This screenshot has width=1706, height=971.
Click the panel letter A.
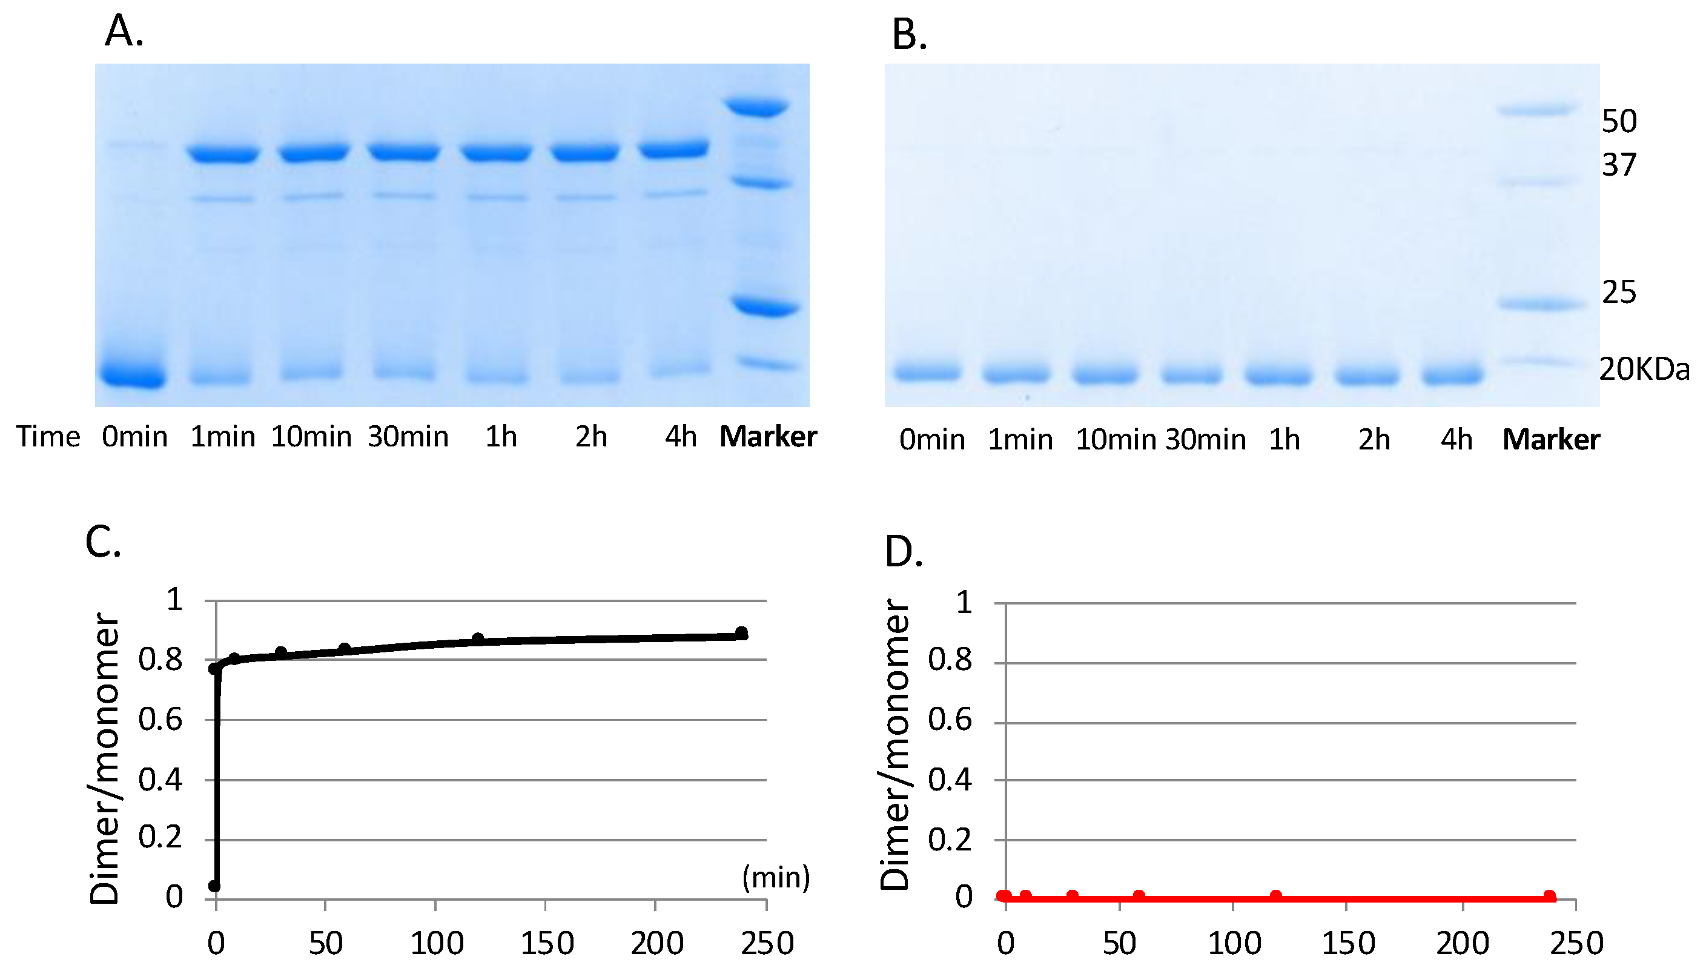click(124, 31)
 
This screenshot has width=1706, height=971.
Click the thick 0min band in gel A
click(133, 374)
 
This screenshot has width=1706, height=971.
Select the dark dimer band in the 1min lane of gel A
click(223, 153)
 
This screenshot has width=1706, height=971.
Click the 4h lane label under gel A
click(681, 437)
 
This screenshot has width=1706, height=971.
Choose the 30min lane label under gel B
click(1205, 440)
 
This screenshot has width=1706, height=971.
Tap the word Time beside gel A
click(48, 437)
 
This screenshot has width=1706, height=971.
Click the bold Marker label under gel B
click(1551, 440)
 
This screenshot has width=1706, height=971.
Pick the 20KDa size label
click(1644, 369)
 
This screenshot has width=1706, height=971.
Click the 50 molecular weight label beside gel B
click(1619, 121)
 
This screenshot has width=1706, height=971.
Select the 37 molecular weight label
click(1619, 165)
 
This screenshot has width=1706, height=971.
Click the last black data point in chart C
click(741, 633)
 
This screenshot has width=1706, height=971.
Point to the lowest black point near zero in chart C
click(214, 886)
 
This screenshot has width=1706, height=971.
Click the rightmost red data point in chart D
click(1549, 896)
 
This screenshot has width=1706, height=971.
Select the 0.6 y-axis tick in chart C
click(160, 720)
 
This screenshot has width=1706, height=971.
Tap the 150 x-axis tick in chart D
click(1348, 943)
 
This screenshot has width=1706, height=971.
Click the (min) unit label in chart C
click(776, 877)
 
